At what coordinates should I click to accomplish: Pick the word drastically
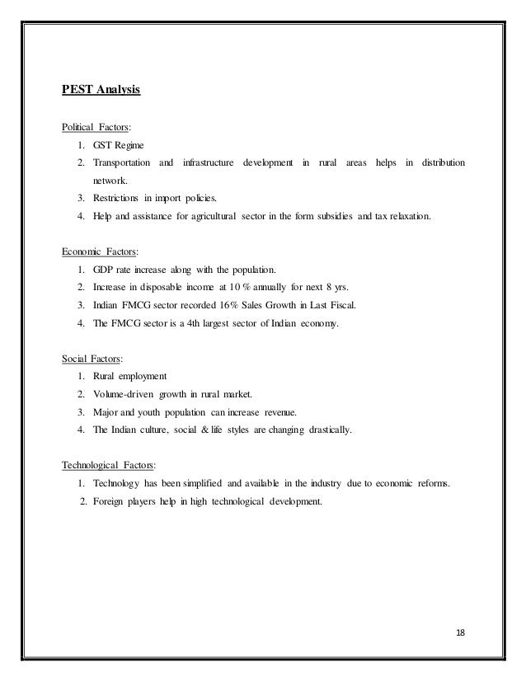(x=323, y=430)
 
